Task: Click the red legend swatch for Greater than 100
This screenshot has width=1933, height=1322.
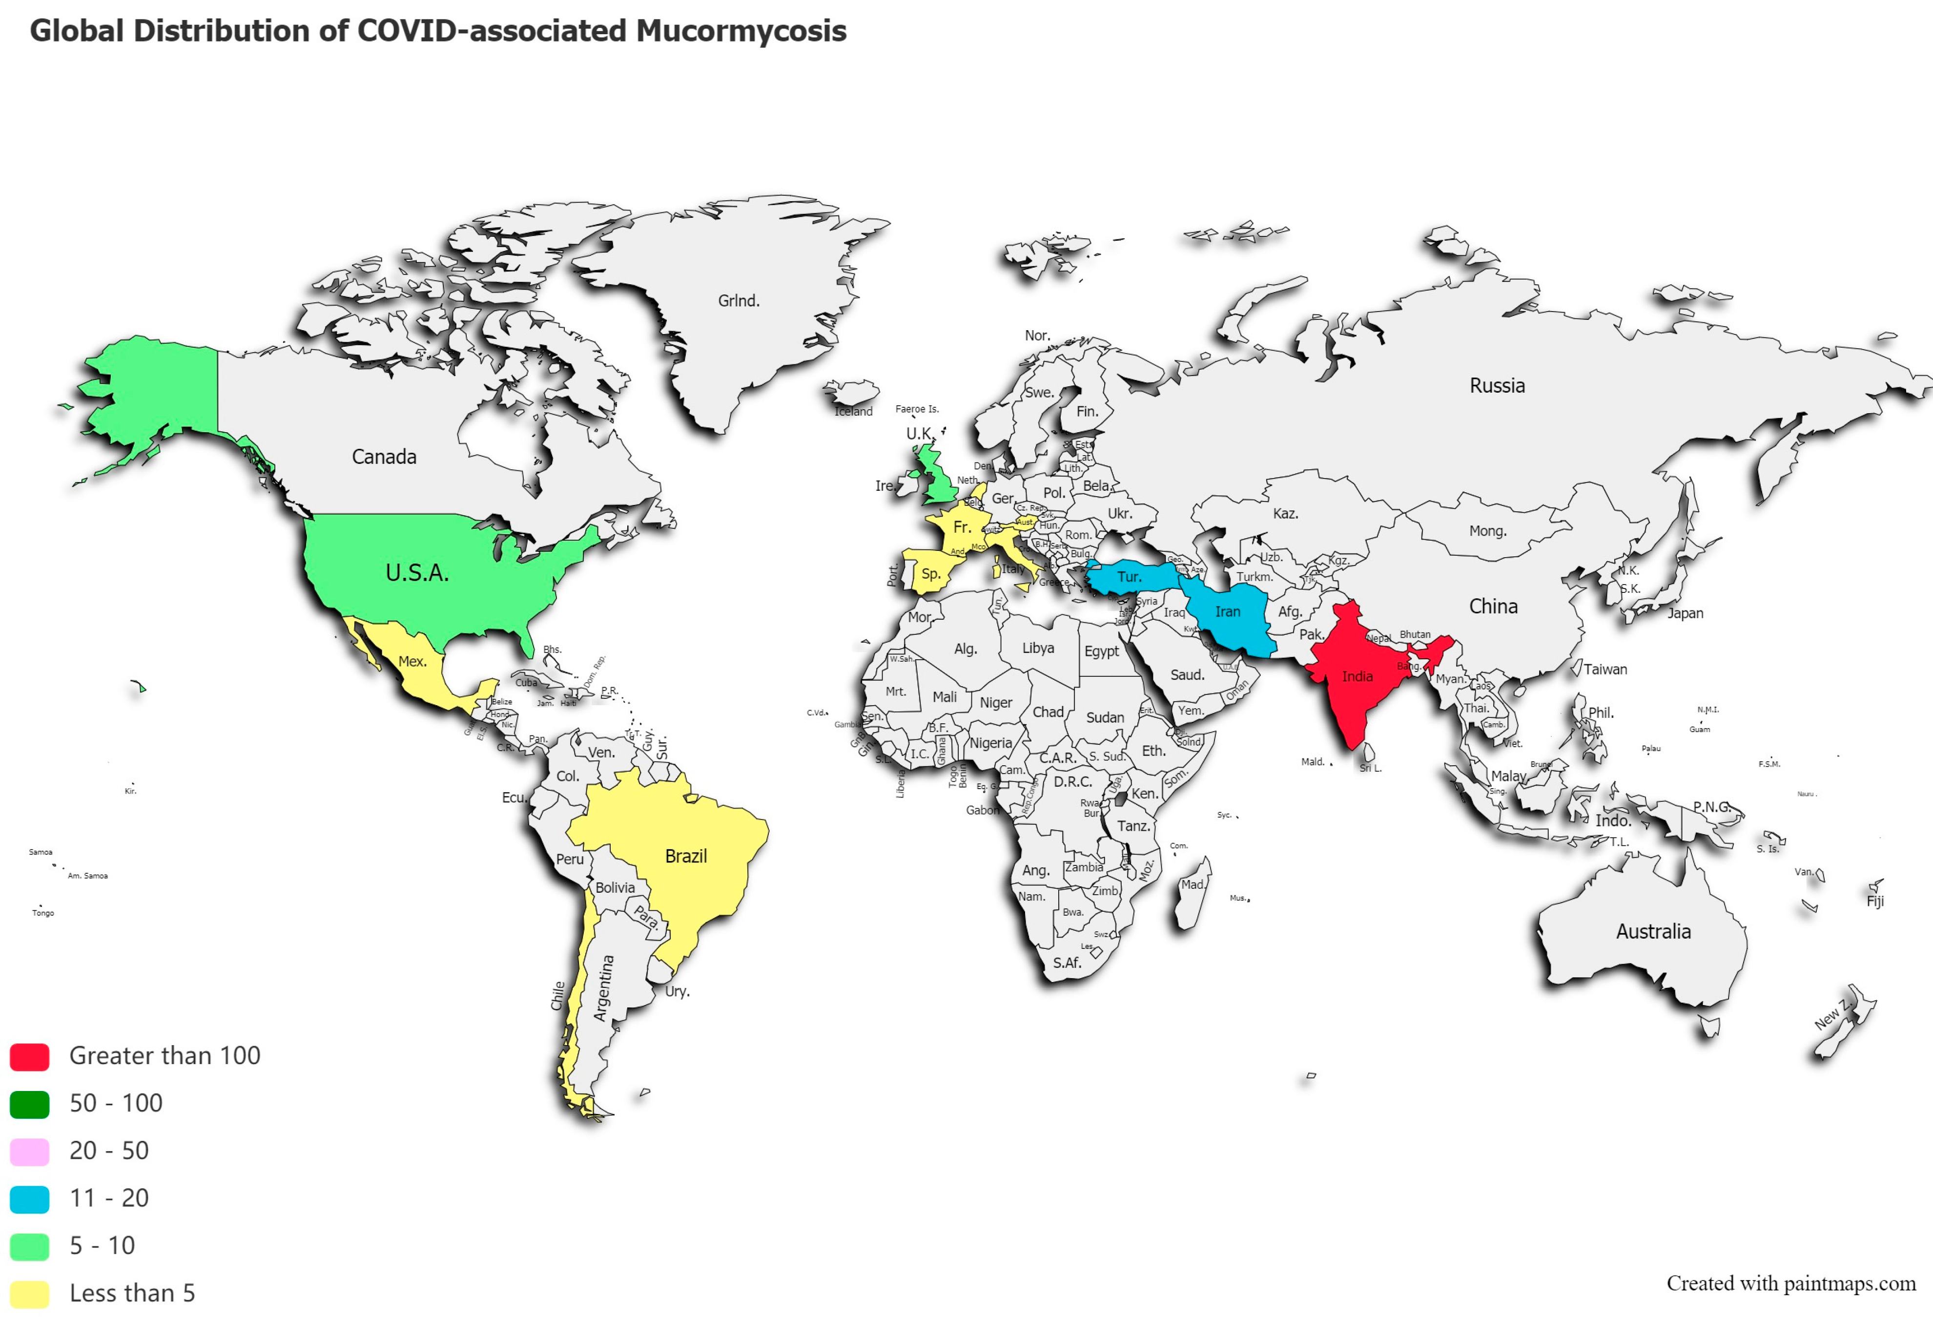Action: [29, 1057]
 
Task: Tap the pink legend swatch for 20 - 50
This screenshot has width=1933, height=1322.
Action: [29, 1152]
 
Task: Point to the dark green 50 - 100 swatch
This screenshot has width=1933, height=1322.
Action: [29, 1104]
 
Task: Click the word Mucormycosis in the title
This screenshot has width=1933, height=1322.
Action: [741, 31]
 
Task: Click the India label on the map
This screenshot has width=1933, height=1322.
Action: [1357, 676]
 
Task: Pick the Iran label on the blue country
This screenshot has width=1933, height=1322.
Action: [1228, 611]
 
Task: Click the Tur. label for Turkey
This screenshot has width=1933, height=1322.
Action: [1129, 577]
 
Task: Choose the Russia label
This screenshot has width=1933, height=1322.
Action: [1497, 385]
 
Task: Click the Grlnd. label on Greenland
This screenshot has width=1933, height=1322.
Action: [739, 300]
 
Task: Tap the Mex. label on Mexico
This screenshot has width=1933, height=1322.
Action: [412, 661]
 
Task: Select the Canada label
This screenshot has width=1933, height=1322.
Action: [384, 457]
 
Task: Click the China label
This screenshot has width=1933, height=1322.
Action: [1493, 607]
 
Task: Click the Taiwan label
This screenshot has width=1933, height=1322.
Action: [1605, 669]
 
